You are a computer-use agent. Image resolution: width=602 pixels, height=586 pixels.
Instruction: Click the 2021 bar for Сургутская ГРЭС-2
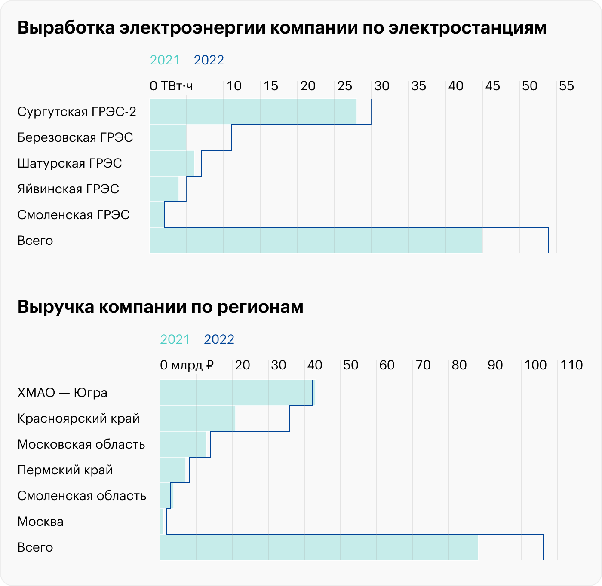(x=253, y=112)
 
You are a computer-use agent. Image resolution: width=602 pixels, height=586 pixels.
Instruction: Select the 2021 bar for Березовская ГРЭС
(x=168, y=137)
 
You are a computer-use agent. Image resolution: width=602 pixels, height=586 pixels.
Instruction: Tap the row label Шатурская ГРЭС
(x=70, y=163)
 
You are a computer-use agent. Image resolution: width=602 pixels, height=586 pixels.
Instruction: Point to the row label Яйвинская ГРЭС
(x=68, y=189)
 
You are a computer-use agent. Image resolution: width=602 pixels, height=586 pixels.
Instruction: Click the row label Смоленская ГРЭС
(x=73, y=215)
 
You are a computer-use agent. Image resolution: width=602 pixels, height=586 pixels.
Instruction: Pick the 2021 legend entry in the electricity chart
(x=165, y=60)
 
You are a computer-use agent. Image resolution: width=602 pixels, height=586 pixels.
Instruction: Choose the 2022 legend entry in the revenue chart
(x=219, y=339)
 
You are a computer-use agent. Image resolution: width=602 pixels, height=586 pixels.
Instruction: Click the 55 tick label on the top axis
(x=566, y=86)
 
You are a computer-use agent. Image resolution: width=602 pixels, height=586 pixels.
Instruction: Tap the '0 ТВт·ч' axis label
(x=171, y=86)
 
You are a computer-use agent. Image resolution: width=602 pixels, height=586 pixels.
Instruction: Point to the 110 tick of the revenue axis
(x=571, y=365)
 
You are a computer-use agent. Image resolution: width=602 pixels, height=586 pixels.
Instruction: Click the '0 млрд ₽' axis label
(x=187, y=365)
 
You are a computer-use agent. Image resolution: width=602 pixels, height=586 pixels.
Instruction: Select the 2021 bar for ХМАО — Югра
(x=237, y=393)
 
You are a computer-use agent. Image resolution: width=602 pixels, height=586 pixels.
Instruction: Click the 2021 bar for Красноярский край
(x=197, y=418)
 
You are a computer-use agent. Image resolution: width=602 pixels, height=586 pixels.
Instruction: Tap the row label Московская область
(x=81, y=444)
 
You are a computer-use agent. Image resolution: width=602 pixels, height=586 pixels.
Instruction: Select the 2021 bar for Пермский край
(x=173, y=470)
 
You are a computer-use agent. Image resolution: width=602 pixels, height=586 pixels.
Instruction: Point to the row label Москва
(x=40, y=522)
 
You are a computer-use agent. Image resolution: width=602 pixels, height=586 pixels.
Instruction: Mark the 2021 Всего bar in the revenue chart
(x=319, y=547)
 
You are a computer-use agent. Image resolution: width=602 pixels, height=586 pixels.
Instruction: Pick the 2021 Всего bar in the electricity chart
(x=316, y=241)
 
